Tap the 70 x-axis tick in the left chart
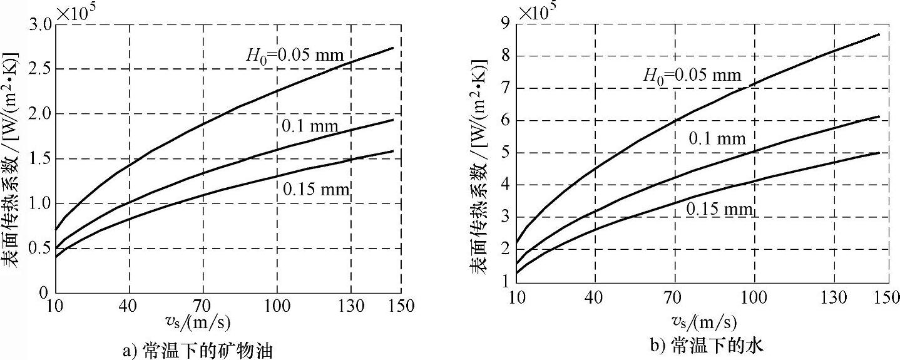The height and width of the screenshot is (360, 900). (x=203, y=306)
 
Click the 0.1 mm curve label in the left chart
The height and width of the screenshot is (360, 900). (x=310, y=127)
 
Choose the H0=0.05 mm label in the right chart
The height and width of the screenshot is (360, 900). (x=692, y=76)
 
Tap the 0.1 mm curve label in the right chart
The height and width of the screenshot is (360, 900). (x=718, y=139)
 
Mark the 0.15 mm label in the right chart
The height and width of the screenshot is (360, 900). (x=719, y=208)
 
